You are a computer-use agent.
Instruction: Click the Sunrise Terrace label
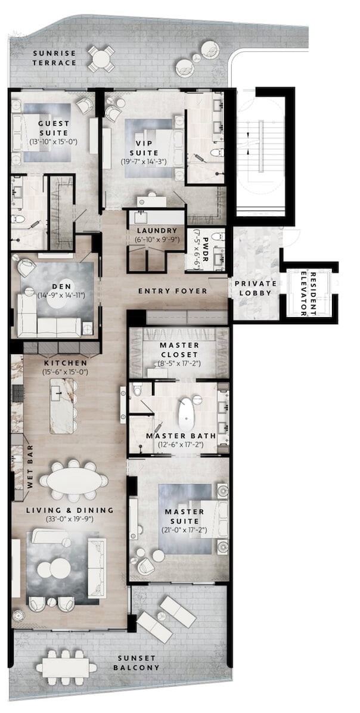tap(54, 58)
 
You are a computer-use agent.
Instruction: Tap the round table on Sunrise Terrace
tap(101, 58)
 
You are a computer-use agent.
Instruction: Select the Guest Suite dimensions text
tap(54, 142)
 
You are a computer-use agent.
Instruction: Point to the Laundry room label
tap(156, 231)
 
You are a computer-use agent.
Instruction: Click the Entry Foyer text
tap(173, 291)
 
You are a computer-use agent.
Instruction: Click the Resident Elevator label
tap(308, 293)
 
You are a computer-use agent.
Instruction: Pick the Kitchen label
tap(66, 363)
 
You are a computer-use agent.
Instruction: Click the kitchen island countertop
tap(61, 405)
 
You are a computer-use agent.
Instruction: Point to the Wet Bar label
tap(30, 473)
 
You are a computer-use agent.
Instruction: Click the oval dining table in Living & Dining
tap(74, 480)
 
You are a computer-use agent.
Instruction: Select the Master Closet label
tap(179, 350)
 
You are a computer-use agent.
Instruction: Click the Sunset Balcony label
tap(136, 664)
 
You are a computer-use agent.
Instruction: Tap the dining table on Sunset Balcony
tap(66, 668)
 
